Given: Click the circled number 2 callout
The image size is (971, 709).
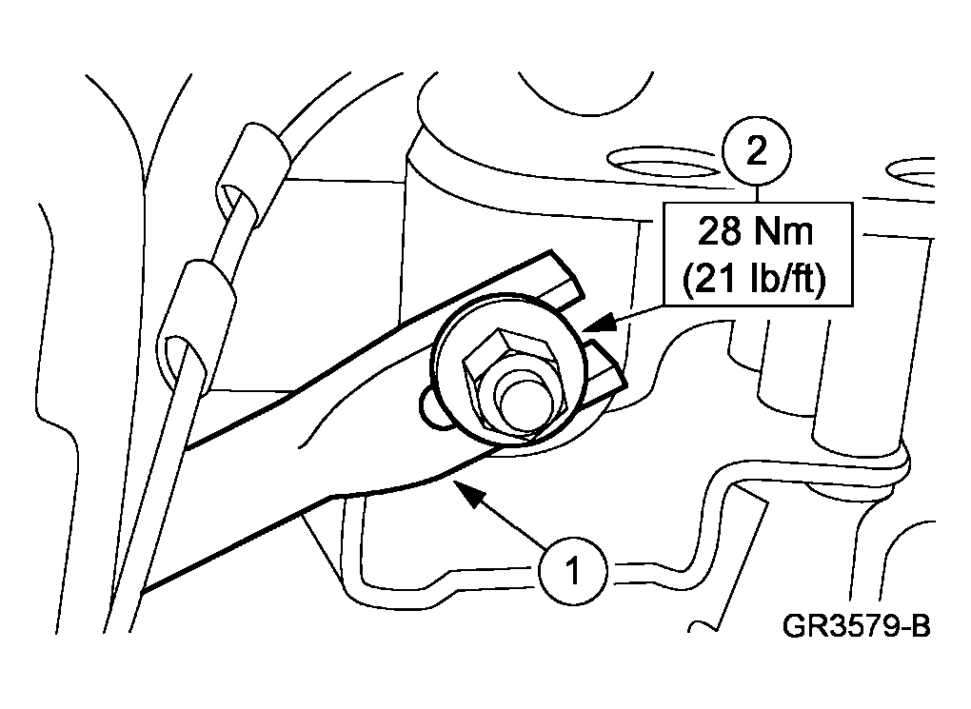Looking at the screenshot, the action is point(757,151).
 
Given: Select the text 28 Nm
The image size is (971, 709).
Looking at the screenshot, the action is point(756,231).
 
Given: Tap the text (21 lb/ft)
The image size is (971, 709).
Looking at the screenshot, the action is point(754,279).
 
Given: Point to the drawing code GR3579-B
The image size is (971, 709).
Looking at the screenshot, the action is point(857,625).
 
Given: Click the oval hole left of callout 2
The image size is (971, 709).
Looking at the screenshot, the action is point(664,161).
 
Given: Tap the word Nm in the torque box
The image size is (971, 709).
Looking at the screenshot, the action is point(784,231).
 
